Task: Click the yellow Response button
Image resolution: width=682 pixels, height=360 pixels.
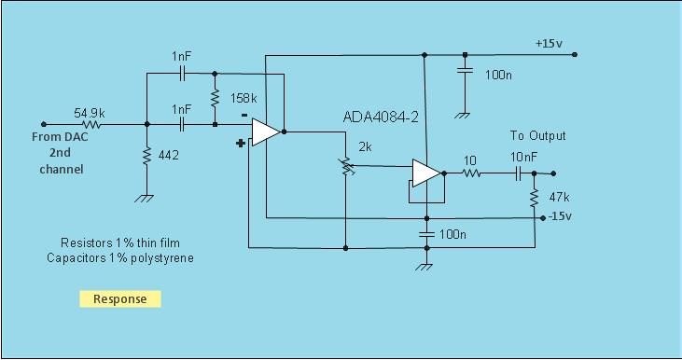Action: pos(119,299)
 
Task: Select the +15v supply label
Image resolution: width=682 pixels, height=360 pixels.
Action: pos(549,43)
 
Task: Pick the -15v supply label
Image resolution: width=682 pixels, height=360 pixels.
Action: pos(562,217)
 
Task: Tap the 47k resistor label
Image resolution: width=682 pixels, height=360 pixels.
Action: pos(560,199)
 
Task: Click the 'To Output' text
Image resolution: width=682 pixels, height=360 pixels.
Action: pos(537,135)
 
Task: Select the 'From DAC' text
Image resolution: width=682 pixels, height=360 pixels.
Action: pos(61,138)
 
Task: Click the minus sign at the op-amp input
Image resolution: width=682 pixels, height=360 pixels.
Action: pos(244,117)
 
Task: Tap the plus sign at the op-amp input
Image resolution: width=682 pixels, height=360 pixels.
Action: pos(241,144)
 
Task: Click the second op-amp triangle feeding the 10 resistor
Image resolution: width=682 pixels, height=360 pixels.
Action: pos(425,173)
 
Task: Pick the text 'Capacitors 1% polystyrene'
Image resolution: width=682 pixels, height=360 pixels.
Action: pos(120,258)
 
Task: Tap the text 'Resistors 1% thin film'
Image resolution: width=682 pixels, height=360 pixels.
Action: pos(118,243)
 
